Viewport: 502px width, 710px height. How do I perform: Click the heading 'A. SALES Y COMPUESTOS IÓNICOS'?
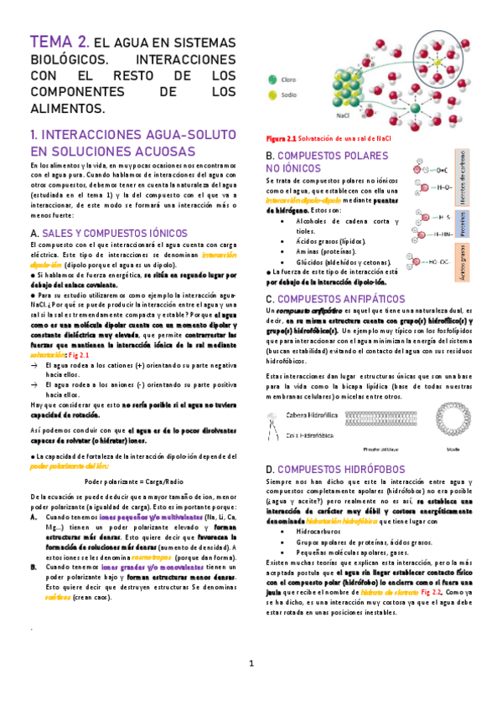click(109, 232)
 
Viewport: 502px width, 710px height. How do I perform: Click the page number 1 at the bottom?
click(251, 664)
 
